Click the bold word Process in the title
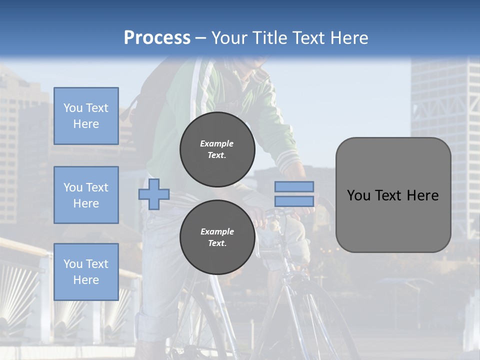coord(157,38)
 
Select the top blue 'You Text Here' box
coord(86,116)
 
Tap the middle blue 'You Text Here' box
coord(86,195)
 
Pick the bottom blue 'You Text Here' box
coord(86,272)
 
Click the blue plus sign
coord(154,194)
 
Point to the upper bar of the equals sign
coord(294,186)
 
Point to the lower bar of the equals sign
coord(294,201)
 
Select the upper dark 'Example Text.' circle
coord(217,149)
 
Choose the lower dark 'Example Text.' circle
coord(217,237)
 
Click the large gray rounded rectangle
coord(393,195)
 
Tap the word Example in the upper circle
coord(217,143)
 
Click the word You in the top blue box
coord(73,108)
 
